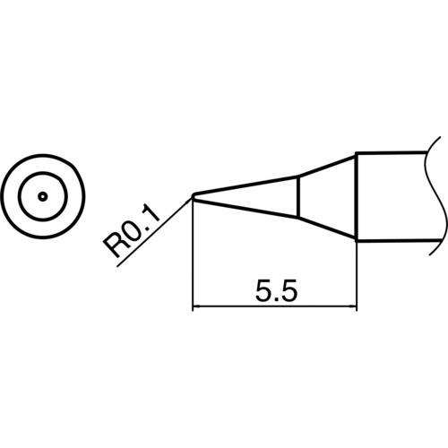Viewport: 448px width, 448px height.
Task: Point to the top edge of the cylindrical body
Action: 394,154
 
